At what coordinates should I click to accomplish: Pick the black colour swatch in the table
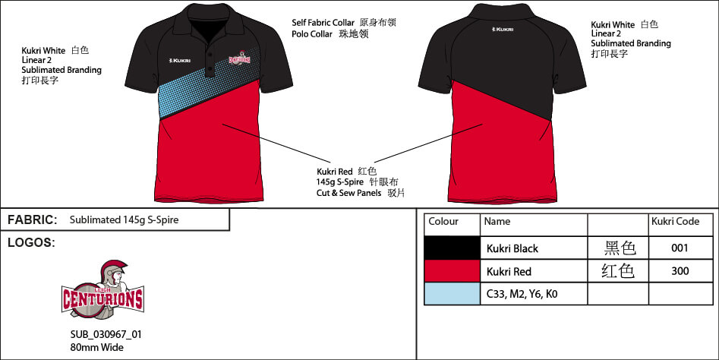click(452, 248)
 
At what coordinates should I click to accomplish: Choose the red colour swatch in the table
click(452, 271)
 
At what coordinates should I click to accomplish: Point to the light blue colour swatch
click(452, 294)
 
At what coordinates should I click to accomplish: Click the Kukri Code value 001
click(680, 248)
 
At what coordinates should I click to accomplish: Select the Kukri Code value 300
click(680, 271)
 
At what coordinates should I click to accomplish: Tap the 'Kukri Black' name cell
click(512, 248)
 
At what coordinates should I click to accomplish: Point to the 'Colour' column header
click(443, 222)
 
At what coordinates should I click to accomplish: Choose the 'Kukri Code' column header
click(675, 222)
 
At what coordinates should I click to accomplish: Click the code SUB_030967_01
click(106, 334)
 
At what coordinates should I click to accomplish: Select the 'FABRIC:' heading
click(33, 220)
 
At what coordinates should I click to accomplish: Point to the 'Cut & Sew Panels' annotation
click(349, 194)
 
